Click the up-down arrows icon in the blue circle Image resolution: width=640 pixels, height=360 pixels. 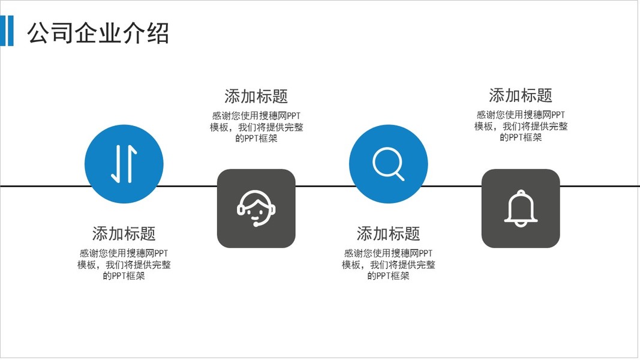[x=124, y=164]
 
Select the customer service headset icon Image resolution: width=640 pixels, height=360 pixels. [x=256, y=208]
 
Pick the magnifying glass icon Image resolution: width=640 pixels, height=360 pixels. [x=388, y=164]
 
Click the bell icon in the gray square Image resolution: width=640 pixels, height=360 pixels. [x=520, y=209]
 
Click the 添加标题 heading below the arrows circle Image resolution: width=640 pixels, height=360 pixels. [x=124, y=233]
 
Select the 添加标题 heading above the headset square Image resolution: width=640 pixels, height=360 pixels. [x=256, y=96]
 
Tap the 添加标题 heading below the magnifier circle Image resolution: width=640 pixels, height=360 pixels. [x=388, y=233]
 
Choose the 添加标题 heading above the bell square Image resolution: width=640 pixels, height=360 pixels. [x=520, y=95]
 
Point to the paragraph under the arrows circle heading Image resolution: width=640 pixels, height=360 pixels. [x=124, y=265]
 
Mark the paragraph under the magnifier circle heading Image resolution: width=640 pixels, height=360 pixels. [x=388, y=265]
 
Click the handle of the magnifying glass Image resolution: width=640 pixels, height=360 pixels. [x=399, y=175]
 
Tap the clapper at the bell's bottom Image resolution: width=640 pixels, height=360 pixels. [x=520, y=224]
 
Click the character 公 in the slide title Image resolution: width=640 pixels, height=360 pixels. [x=38, y=33]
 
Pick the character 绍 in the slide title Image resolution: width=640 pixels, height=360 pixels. [x=158, y=33]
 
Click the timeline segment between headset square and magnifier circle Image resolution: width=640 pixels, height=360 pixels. [x=322, y=186]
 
